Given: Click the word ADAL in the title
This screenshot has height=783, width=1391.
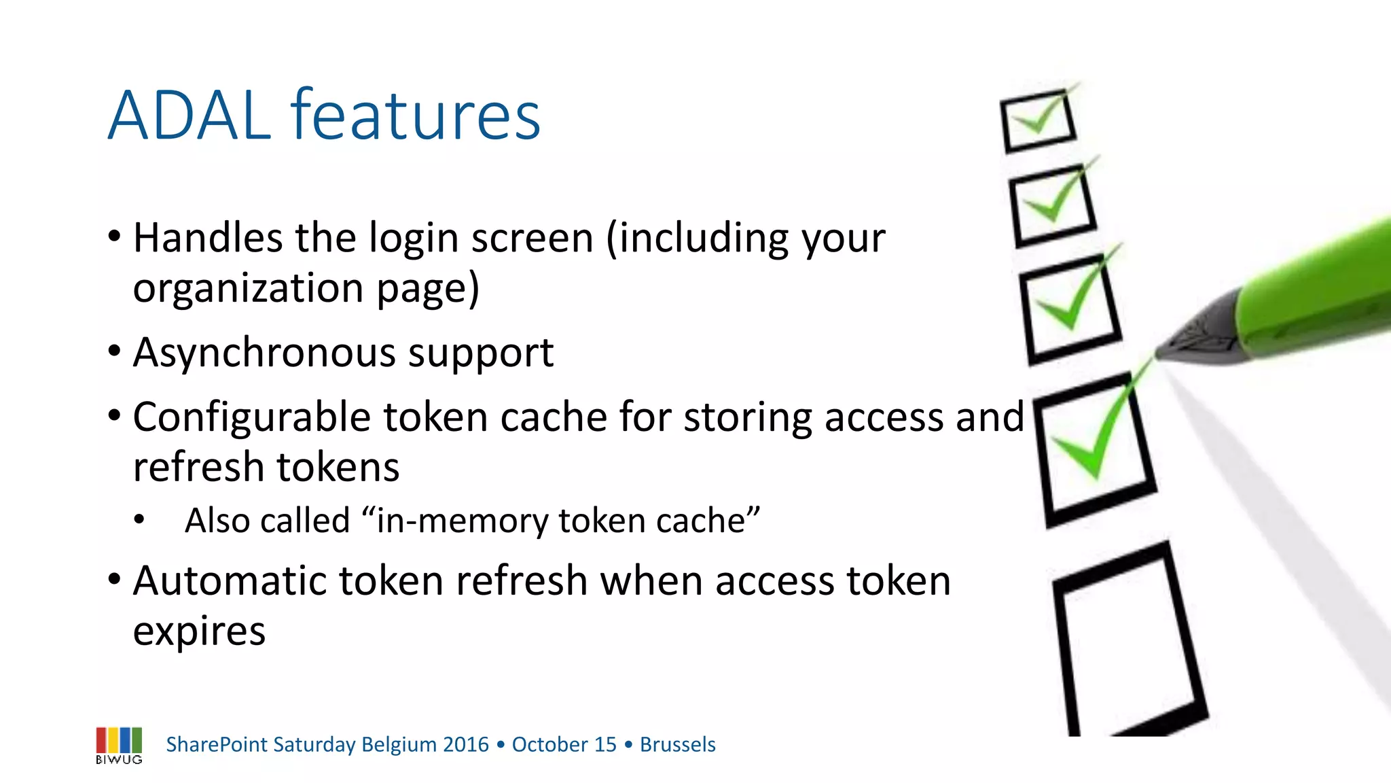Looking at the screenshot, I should click(x=189, y=116).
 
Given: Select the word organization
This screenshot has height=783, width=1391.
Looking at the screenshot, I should click(x=248, y=288).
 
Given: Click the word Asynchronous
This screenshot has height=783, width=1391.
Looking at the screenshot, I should click(x=264, y=353).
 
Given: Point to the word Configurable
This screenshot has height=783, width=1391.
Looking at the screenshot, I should click(x=251, y=417).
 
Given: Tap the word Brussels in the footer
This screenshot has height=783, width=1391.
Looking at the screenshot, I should click(x=677, y=745).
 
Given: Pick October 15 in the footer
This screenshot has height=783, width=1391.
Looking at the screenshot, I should click(x=564, y=745).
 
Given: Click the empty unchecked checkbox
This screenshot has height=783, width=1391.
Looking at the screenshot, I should click(x=1127, y=639).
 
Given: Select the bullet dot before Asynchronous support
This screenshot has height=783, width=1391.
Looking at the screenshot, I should click(x=115, y=352).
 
